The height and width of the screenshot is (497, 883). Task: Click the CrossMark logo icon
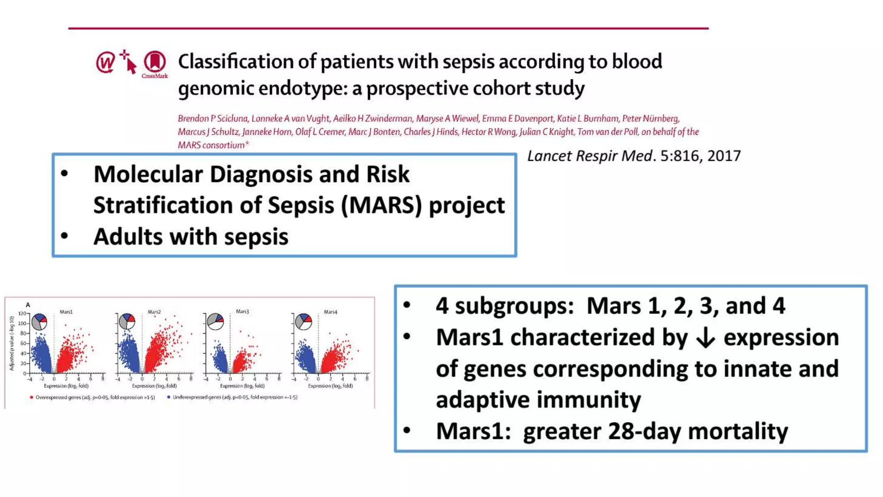click(x=155, y=63)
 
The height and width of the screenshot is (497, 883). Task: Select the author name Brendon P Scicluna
click(x=213, y=119)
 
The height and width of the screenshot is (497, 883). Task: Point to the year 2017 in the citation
click(x=724, y=156)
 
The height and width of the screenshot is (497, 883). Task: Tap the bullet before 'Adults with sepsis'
click(x=65, y=236)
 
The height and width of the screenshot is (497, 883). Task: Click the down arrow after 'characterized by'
click(x=705, y=338)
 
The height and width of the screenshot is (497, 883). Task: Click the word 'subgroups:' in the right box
click(x=515, y=306)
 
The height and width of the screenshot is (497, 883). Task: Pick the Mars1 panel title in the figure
click(x=66, y=311)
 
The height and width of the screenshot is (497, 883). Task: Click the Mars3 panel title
click(x=242, y=311)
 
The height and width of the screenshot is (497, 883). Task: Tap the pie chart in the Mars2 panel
click(x=127, y=321)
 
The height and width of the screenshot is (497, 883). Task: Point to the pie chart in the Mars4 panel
click(x=304, y=321)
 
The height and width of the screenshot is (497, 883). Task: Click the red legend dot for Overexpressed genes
click(x=31, y=397)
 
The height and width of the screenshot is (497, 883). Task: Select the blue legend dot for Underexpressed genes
click(x=169, y=397)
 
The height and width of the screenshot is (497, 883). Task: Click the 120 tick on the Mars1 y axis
click(x=22, y=314)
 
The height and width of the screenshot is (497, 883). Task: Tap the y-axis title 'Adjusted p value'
click(x=12, y=343)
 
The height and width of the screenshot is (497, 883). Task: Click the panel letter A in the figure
click(x=28, y=305)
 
